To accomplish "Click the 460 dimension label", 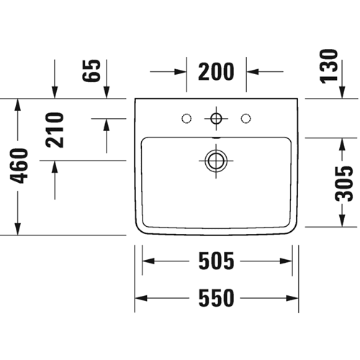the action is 19,166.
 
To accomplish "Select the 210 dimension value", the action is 55,130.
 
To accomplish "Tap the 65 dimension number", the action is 91,71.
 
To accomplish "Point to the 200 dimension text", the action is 216,71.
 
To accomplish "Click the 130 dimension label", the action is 329,66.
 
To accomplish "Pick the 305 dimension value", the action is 344,184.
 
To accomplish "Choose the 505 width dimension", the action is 216,261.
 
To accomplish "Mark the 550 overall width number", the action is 216,298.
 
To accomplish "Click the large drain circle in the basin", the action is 216,161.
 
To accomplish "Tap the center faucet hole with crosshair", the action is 216,118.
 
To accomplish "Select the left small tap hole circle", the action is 186,119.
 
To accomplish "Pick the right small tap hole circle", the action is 246,119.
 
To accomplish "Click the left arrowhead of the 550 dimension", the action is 141,298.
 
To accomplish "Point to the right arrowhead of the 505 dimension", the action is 286,261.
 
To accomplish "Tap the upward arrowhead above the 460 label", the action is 18,104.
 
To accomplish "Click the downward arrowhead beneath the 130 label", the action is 343,92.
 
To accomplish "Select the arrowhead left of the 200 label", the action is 181,71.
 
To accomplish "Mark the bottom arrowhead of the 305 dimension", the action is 342,221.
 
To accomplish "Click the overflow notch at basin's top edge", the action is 216,138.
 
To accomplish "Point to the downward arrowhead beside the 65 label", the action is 107,92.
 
